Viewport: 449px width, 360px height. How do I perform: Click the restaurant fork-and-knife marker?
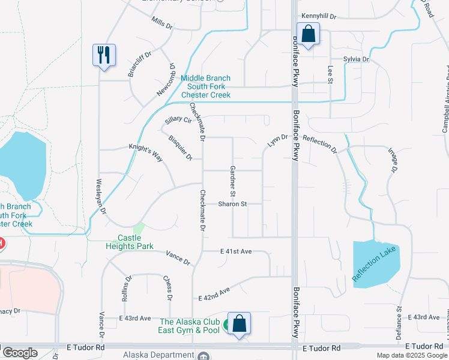pyautogui.click(x=104, y=56)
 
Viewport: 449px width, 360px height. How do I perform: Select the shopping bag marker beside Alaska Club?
pyautogui.click(x=239, y=323)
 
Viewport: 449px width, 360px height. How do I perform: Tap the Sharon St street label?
pyautogui.click(x=232, y=204)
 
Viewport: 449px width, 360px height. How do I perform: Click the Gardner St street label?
pyautogui.click(x=232, y=181)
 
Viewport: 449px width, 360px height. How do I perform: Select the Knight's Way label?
pyautogui.click(x=146, y=152)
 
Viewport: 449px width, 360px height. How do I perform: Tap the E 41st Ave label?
pyautogui.click(x=235, y=251)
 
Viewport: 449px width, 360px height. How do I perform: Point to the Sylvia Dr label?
pyautogui.click(x=356, y=60)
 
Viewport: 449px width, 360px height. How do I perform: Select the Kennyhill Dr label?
pyautogui.click(x=319, y=16)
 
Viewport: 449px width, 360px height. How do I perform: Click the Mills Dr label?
pyautogui.click(x=162, y=23)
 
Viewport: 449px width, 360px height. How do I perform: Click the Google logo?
pyautogui.click(x=20, y=353)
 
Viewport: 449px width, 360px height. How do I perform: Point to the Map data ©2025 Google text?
pyautogui.click(x=411, y=355)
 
